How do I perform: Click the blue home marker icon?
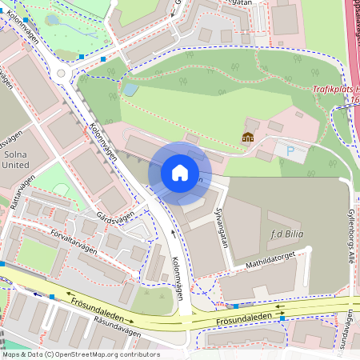tap(180, 173)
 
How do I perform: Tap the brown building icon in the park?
tap(248, 138)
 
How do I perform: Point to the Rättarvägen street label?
tap(25, 192)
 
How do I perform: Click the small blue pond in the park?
tap(129, 90)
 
